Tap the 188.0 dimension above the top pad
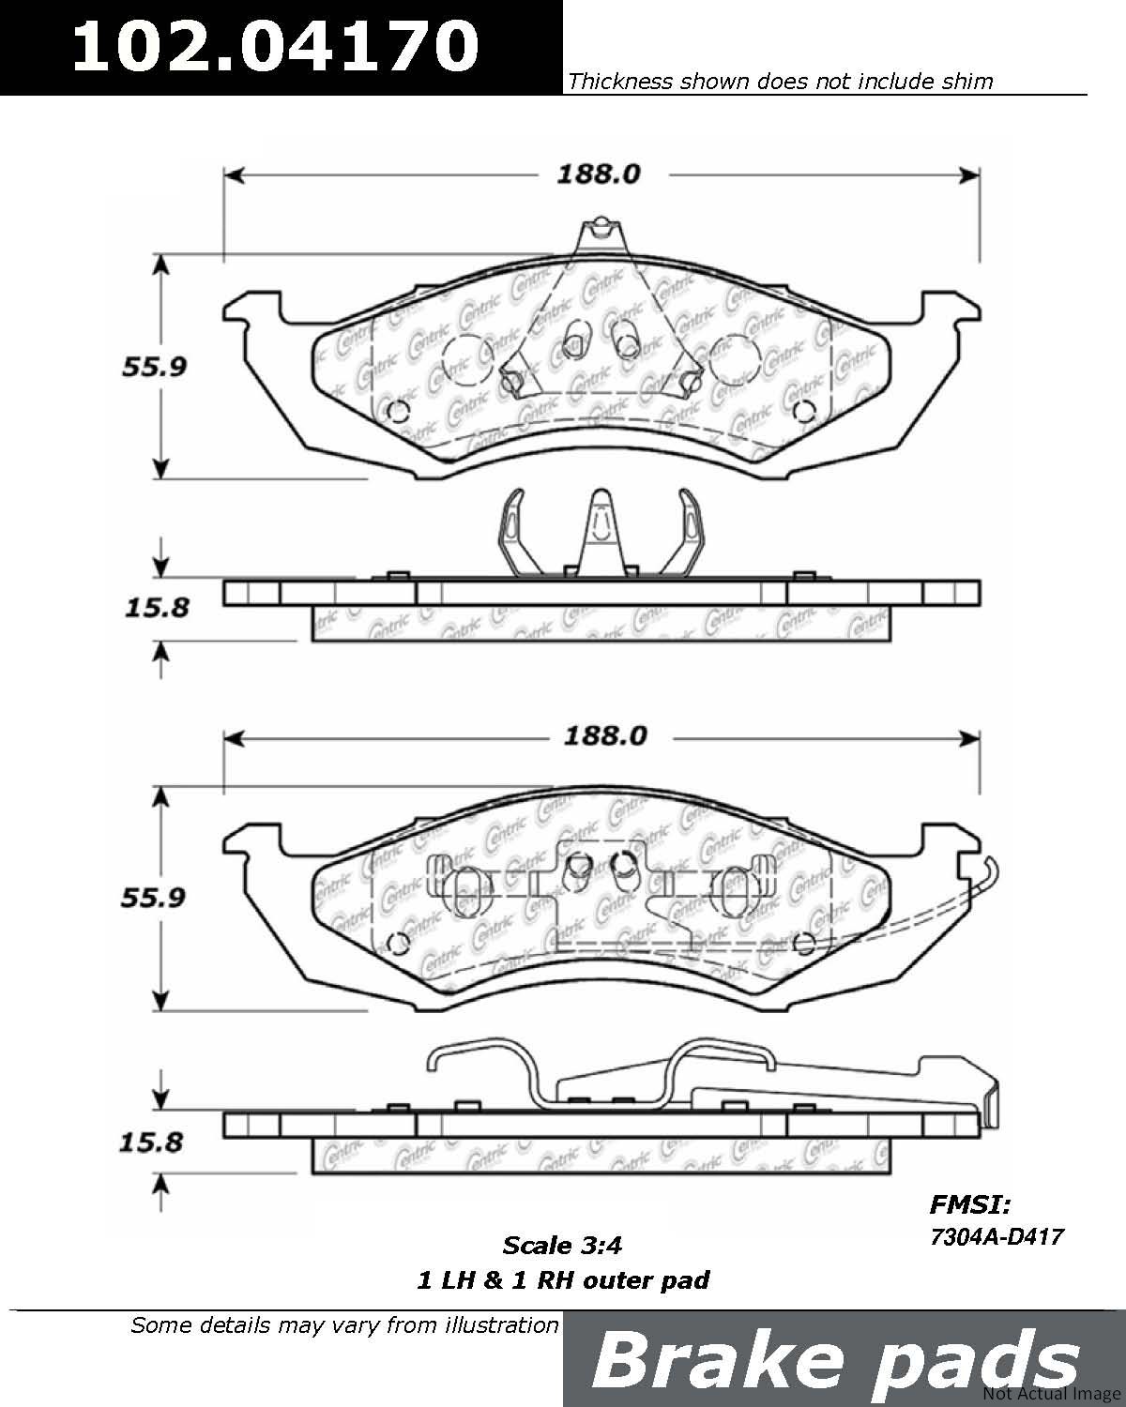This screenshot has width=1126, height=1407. [599, 174]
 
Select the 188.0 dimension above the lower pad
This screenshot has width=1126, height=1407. [606, 737]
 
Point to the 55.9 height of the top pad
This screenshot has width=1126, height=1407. [155, 367]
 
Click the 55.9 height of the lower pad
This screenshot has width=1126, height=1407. [153, 898]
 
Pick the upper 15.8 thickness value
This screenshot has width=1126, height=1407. [157, 608]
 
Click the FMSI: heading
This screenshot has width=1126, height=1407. [970, 1204]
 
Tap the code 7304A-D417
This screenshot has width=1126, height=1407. [997, 1237]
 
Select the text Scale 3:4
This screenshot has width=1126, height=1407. [562, 1246]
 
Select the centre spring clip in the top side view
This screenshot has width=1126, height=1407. [601, 533]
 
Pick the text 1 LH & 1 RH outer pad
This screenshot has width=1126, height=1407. [563, 1280]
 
